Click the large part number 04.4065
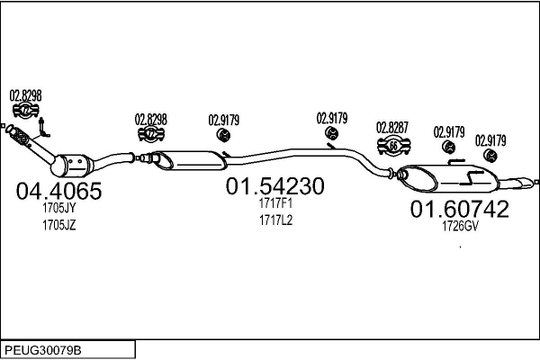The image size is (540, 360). pos(59,192)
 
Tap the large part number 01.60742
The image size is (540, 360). pos(460,210)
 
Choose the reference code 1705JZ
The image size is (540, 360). pos(58,225)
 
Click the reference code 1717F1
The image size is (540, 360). pos(275,203)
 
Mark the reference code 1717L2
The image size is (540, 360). pos(275,220)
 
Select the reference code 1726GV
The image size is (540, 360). pos(459,227)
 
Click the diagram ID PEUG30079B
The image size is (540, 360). pos(45,349)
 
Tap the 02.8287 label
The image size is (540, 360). pos(393,127)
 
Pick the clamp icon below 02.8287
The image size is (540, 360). pos(393,146)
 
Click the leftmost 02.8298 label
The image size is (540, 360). pos(26,94)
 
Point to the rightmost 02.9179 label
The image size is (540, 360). pos(490,139)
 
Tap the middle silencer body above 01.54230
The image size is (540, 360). pos(193,159)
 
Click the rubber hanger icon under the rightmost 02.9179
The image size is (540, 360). pos(491,157)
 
